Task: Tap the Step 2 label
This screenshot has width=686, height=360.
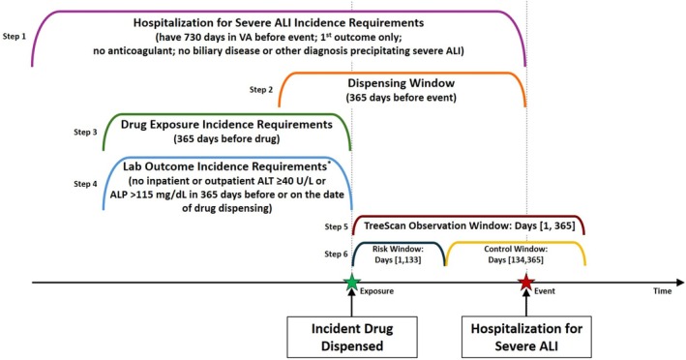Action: [x=262, y=89]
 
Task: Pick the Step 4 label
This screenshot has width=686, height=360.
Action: [x=86, y=182]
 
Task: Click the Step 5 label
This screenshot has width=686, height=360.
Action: [x=338, y=225]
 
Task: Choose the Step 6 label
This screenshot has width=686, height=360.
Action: [x=338, y=253]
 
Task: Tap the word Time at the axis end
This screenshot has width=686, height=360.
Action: [x=662, y=291]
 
